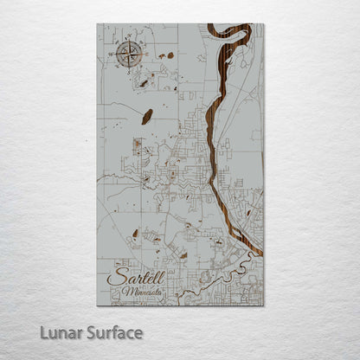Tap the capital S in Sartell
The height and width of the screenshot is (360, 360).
click(112, 277)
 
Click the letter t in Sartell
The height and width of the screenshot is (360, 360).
click(138, 276)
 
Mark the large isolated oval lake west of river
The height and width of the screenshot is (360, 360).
click(148, 115)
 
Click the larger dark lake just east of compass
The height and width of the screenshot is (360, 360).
click(169, 55)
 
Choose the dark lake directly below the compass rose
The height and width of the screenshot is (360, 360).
click(141, 83)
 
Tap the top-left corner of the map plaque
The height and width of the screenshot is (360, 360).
click(97, 24)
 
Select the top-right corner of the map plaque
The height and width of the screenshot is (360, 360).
click(264, 24)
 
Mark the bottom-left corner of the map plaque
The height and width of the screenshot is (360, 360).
click(97, 305)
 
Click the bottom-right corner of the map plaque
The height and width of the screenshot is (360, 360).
click(264, 305)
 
